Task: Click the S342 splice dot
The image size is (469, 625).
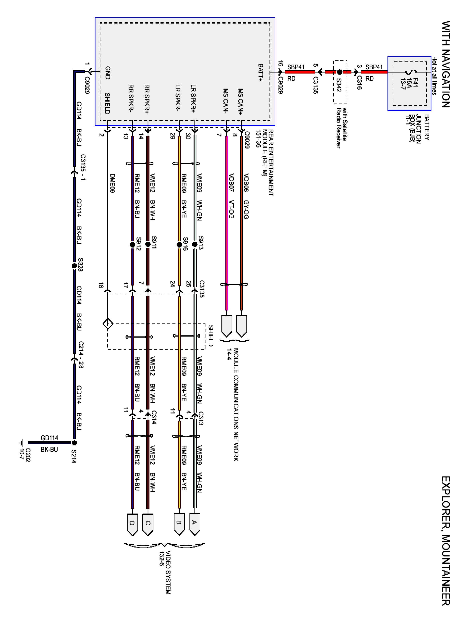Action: [340, 72]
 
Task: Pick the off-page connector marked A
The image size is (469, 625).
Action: [194, 524]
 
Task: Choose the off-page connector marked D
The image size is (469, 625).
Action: [132, 524]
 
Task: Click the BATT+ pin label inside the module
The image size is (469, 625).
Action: [260, 73]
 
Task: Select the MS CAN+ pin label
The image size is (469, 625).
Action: [240, 101]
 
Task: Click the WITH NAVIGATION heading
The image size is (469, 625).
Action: [445, 64]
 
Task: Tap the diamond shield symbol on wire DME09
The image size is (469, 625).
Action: [108, 324]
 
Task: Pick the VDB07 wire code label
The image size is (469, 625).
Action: [231, 182]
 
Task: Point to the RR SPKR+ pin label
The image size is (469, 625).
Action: [147, 99]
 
